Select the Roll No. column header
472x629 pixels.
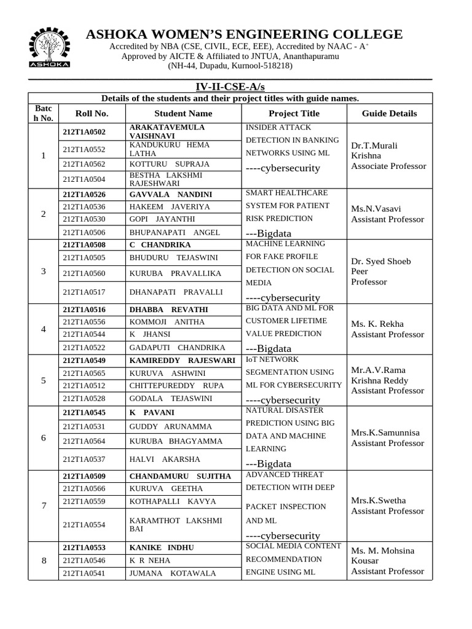pyautogui.click(x=92, y=113)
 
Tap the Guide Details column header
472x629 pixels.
pyautogui.click(x=389, y=113)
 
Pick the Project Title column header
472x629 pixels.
pyautogui.click(x=294, y=113)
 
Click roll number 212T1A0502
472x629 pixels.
pyautogui.click(x=84, y=132)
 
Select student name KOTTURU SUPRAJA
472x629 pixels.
pyautogui.click(x=170, y=164)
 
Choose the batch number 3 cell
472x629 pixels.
pyautogui.click(x=43, y=272)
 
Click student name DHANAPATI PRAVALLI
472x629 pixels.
pyautogui.click(x=176, y=292)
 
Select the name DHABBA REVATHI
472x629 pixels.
pyautogui.click(x=168, y=310)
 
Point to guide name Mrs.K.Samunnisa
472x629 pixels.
pyautogui.click(x=385, y=432)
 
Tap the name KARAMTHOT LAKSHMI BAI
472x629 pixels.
pyautogui.click(x=175, y=524)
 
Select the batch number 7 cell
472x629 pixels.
pyautogui.click(x=43, y=506)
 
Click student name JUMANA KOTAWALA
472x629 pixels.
pyautogui.click(x=173, y=573)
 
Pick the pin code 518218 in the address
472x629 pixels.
pyautogui.click(x=275, y=66)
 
